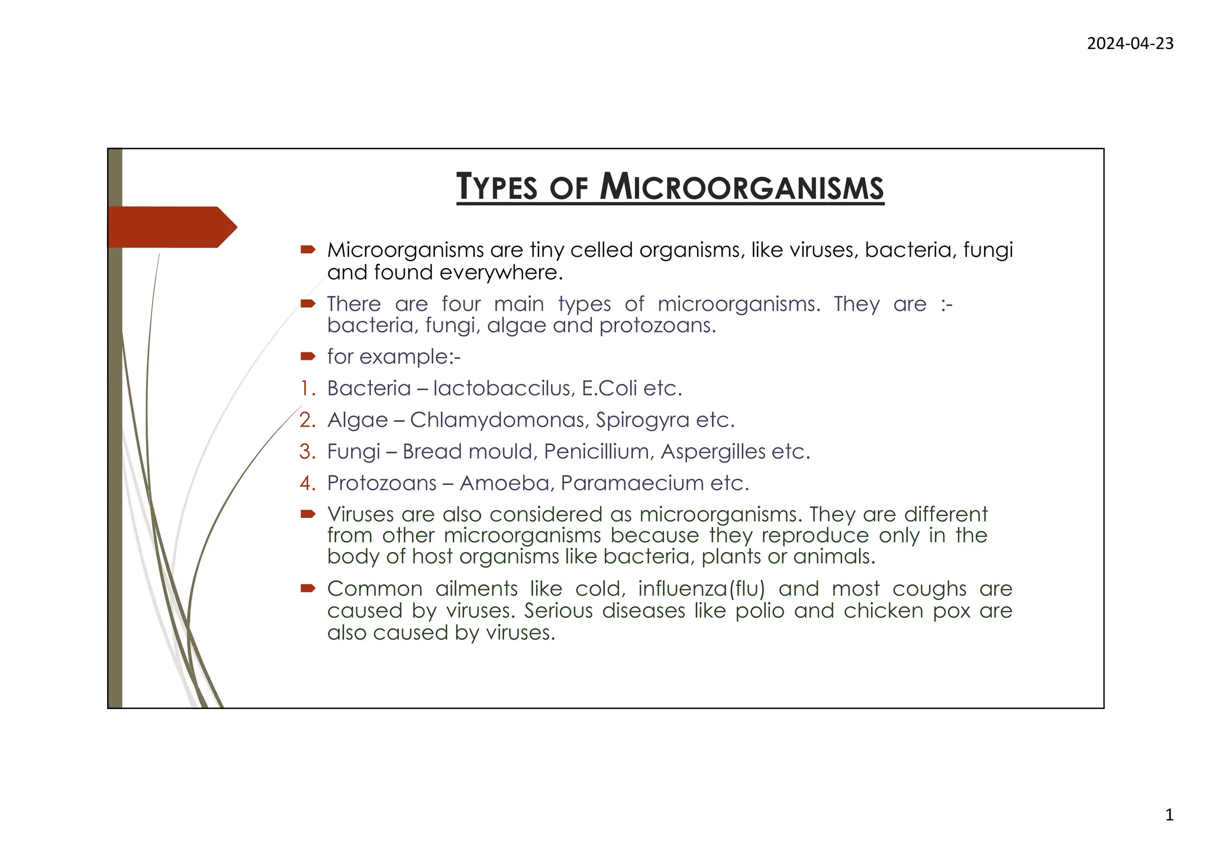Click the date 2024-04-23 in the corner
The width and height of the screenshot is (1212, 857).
1130,44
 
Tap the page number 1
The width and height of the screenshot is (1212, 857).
1169,816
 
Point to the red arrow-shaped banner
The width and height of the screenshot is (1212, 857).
172,227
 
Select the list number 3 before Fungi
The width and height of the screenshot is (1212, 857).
307,452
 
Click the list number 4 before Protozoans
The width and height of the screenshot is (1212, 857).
307,484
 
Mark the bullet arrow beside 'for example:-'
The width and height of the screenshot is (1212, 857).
308,356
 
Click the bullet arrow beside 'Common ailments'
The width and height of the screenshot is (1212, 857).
308,588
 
